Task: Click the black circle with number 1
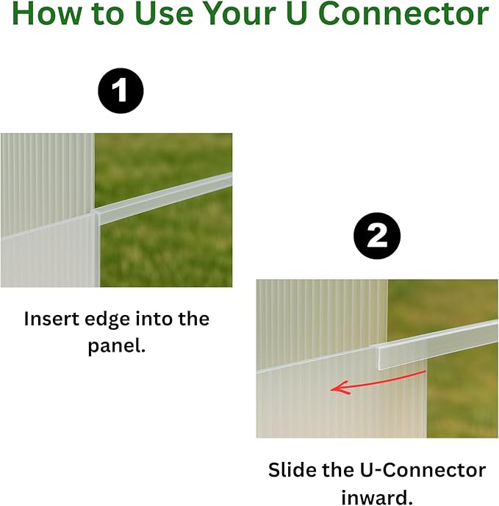[x=120, y=92]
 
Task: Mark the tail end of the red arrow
[x=425, y=372]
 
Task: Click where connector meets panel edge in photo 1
[x=96, y=214]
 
